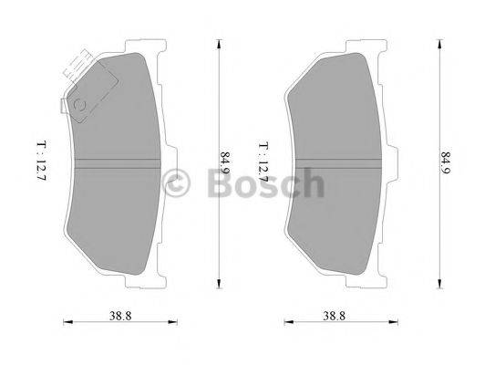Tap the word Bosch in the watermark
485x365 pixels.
[265, 184]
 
